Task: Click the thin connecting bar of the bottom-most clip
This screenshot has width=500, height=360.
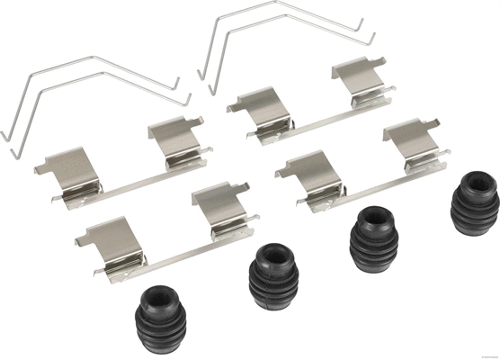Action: [x=175, y=251]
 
